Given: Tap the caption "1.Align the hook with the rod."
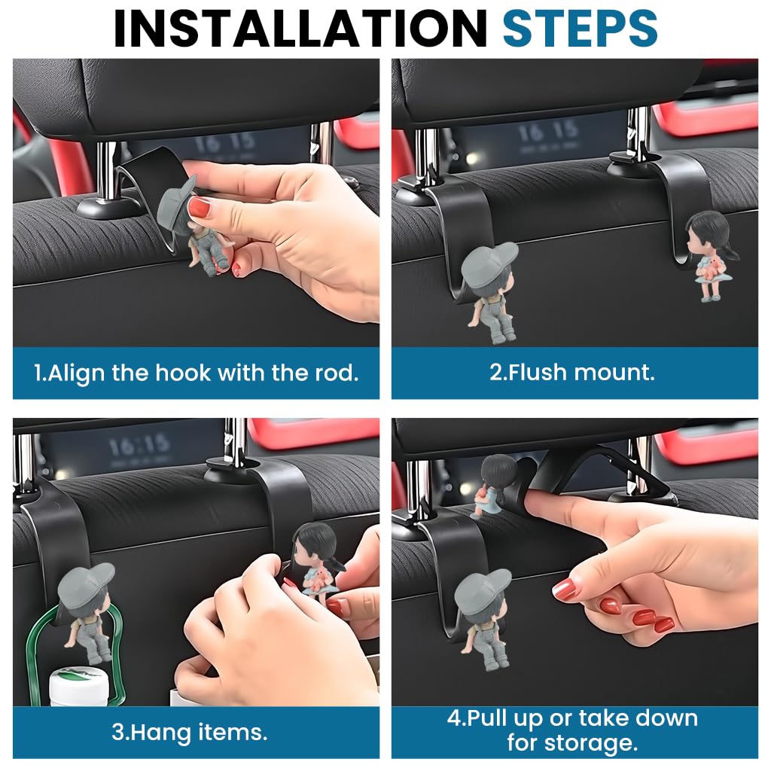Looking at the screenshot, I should tap(196, 373).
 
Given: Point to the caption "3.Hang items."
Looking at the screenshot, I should tap(189, 732).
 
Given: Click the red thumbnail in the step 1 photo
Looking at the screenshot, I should tap(198, 206).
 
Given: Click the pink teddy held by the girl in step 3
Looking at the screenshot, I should tap(314, 580).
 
